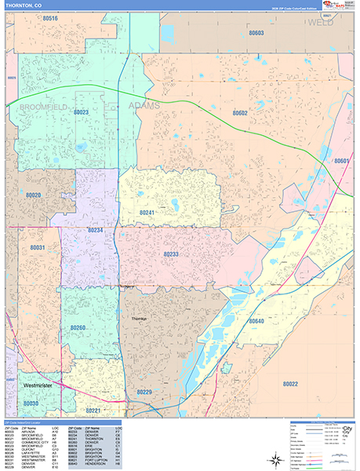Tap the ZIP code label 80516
point(50,17)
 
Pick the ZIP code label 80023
point(81,112)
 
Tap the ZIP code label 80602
point(239,113)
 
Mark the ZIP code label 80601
point(340,161)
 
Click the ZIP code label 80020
point(33,194)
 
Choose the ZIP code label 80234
point(96,230)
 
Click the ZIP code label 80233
point(171,254)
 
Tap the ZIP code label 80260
point(78,327)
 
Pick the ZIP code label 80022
point(289,384)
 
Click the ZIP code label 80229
point(144,392)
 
